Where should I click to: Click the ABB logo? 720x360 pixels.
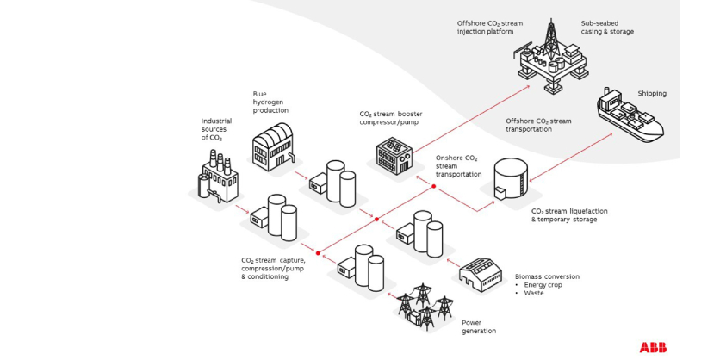[653, 346]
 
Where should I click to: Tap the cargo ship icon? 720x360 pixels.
[630, 118]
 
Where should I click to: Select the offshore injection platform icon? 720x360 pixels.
[551, 58]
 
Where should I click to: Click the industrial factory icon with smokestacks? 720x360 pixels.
[215, 177]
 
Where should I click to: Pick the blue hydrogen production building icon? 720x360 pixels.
[274, 145]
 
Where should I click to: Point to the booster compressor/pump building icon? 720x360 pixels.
[394, 156]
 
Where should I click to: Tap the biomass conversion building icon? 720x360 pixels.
[480, 274]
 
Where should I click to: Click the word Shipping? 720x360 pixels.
[651, 93]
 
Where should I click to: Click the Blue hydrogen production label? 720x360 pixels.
[270, 102]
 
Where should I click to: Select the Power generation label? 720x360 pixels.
[479, 326]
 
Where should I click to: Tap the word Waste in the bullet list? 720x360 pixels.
[533, 293]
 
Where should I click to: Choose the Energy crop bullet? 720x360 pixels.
[543, 285]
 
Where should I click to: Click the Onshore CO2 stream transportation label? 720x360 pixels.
[457, 166]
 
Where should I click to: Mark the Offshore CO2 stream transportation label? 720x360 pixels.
[538, 125]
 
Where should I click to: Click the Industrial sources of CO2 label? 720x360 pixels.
[216, 129]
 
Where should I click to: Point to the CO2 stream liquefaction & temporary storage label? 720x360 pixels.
[564, 214]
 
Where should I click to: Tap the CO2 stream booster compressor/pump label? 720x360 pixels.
[390, 117]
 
